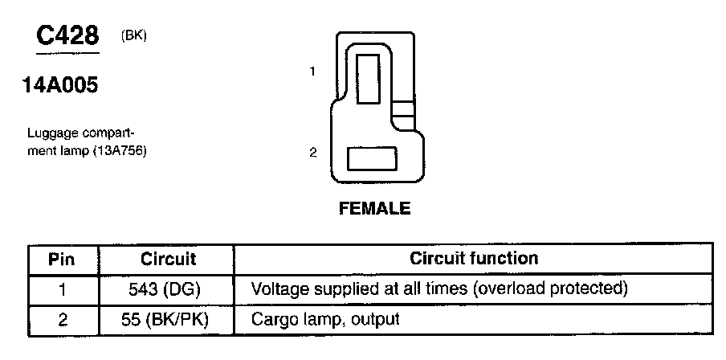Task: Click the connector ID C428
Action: (68, 35)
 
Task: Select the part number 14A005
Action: (61, 84)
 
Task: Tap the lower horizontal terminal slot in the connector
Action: (372, 158)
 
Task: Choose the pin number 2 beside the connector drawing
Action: (312, 153)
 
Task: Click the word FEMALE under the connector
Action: (375, 209)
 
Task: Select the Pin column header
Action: (62, 260)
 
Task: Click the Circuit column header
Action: (169, 260)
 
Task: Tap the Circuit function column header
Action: (474, 259)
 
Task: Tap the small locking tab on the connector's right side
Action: (404, 109)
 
